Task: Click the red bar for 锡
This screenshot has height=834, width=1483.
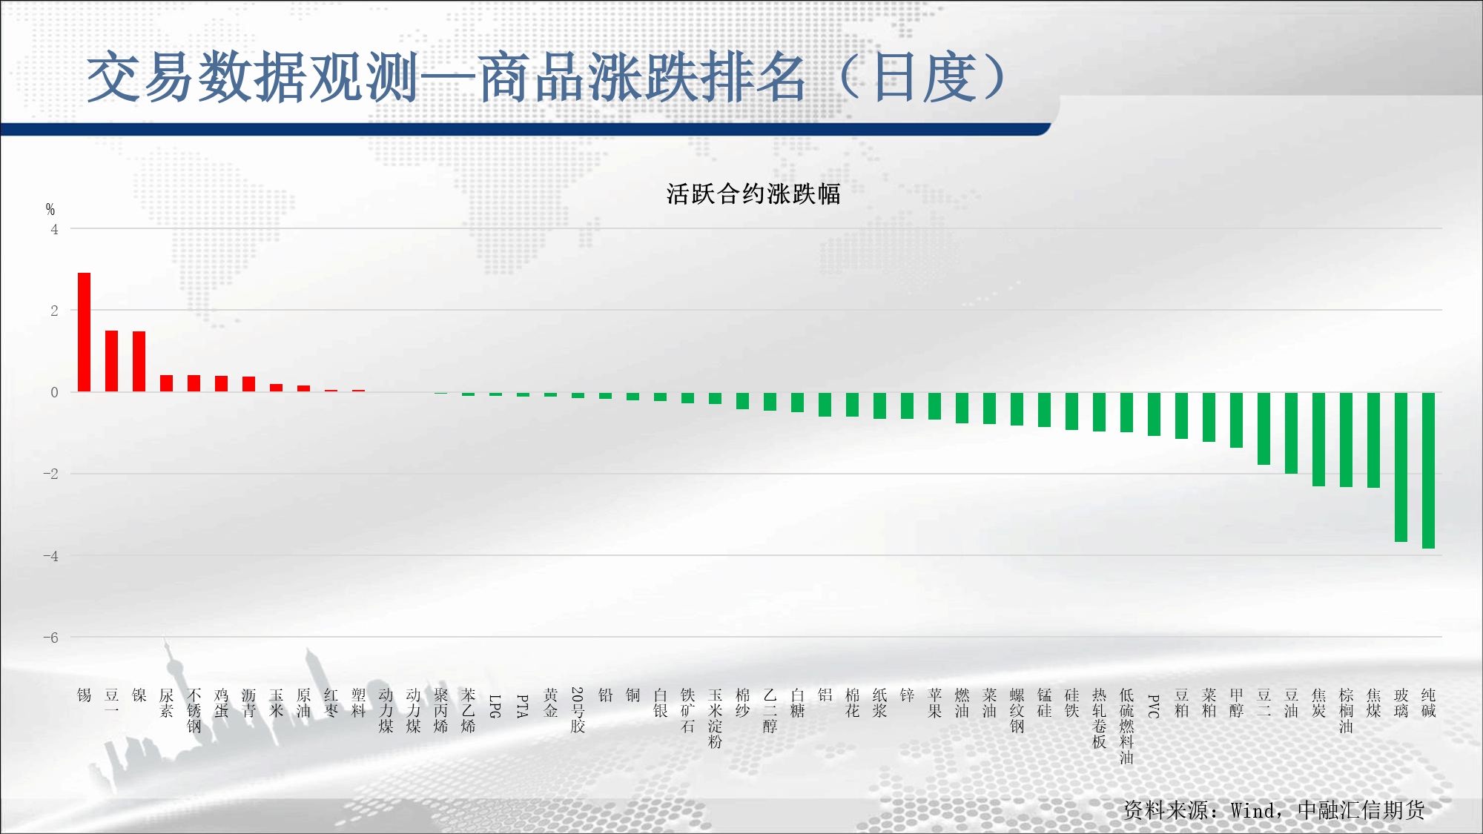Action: (x=84, y=332)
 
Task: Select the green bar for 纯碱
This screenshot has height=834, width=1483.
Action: (x=1428, y=470)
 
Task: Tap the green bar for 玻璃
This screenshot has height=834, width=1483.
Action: (x=1401, y=467)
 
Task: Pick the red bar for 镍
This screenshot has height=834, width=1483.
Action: (x=139, y=361)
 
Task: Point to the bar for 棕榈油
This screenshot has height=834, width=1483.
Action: (x=1346, y=440)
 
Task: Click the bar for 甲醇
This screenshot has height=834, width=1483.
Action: (x=1236, y=420)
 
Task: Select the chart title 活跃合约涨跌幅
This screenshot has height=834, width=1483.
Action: (x=753, y=194)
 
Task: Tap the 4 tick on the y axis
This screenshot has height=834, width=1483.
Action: (x=54, y=229)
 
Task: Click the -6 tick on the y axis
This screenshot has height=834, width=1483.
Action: (x=50, y=637)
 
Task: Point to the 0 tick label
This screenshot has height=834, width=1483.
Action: (x=54, y=392)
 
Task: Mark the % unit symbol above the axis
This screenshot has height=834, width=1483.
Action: (x=50, y=209)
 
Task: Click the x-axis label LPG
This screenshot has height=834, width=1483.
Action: (x=495, y=706)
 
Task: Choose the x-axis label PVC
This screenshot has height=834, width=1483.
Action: (x=1154, y=706)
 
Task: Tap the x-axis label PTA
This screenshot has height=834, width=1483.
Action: (x=523, y=706)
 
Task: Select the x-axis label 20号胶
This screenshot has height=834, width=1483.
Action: (x=578, y=710)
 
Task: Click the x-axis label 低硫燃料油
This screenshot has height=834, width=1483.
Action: (x=1126, y=727)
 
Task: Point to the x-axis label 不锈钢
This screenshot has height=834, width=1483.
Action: (x=194, y=710)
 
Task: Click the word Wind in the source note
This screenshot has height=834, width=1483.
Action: (x=1252, y=810)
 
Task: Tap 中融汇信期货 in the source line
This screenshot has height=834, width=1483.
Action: (x=1361, y=810)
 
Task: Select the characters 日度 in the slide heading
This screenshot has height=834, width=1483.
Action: (x=926, y=77)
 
